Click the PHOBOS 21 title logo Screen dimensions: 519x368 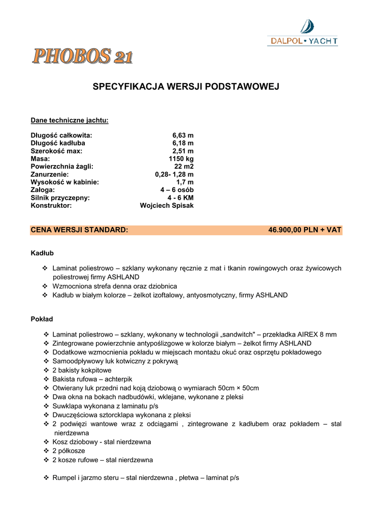coord(83,56)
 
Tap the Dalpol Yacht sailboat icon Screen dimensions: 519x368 coord(307,26)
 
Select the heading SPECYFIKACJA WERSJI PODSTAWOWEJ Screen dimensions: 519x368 coord(186,87)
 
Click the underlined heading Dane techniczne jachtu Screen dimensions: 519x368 coord(70,120)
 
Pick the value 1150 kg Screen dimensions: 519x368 coord(181,159)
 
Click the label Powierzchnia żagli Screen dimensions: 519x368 coord(62,166)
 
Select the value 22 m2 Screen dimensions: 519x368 coord(184,166)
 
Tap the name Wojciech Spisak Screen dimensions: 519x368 coord(166,206)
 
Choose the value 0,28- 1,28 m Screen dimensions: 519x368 coord(174,174)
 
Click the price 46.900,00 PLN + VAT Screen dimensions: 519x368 coord(305,230)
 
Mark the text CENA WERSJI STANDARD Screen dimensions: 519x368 coord(79,230)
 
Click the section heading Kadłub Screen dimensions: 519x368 coord(42,252)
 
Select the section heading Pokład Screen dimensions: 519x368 coord(42,319)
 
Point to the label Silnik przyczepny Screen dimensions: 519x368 coord(60,198)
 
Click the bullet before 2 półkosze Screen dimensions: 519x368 coord(46,451)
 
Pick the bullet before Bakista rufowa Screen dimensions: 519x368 coord(46,379)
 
